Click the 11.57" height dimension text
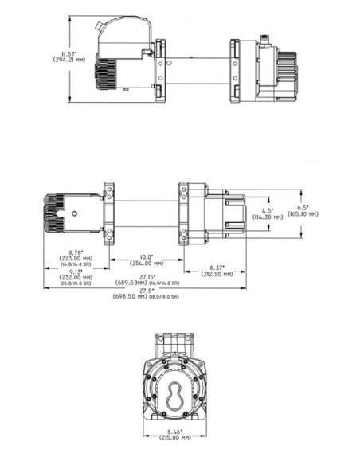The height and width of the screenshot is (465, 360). tap(63, 53)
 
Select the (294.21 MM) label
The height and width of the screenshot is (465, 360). tap(63, 60)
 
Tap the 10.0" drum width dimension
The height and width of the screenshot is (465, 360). tap(146, 257)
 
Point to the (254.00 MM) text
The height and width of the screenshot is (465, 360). tap(146, 264)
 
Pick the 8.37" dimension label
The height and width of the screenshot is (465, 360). tap(217, 267)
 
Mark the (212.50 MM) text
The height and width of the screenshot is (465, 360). tap(217, 273)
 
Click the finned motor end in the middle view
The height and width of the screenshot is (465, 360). tap(57, 213)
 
